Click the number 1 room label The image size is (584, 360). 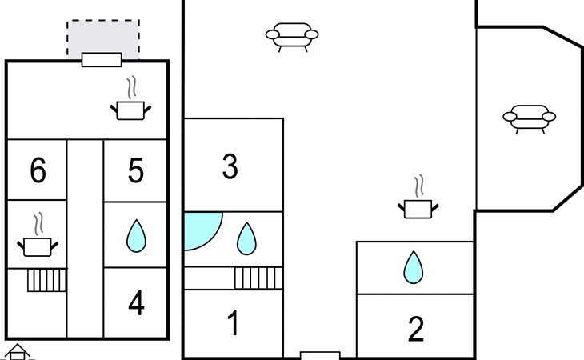233,324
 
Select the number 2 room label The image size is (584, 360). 415,329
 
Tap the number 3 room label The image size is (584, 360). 230,167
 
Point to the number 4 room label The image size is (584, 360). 136,303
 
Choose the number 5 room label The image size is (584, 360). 136,170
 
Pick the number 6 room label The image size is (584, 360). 38,170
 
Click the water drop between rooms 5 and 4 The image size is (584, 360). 137,236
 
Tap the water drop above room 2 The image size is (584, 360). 413,267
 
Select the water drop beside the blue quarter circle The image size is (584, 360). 246,238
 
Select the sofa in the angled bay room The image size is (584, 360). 529,118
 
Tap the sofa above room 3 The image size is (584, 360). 291,35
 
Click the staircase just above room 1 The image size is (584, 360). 258,278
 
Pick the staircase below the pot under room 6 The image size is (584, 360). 46,280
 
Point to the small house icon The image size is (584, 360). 17,352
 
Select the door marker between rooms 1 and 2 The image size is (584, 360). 320,355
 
